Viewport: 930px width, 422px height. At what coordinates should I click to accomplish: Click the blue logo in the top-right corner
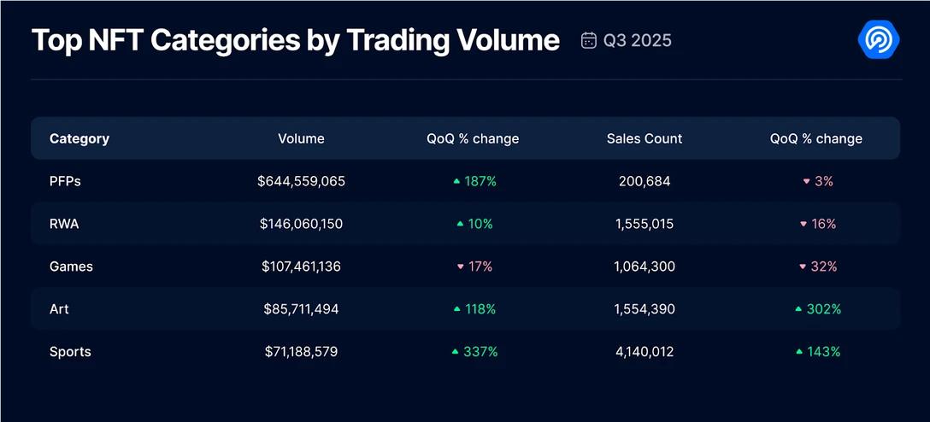point(880,39)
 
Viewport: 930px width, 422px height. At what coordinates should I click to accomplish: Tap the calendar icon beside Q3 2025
point(589,40)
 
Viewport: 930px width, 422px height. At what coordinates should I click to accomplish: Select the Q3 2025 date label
point(638,40)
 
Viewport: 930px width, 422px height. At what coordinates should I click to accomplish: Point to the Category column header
point(79,138)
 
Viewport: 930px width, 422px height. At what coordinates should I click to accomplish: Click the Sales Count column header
point(645,138)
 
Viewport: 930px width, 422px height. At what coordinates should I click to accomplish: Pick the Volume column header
point(301,138)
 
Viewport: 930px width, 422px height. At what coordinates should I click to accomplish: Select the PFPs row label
point(65,181)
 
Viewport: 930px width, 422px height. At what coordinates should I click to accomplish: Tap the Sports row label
point(70,352)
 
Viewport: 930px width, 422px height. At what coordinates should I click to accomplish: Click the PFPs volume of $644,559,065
point(301,181)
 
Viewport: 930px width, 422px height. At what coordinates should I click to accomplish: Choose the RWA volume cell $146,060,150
point(301,224)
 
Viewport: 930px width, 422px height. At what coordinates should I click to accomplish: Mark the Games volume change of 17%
point(480,267)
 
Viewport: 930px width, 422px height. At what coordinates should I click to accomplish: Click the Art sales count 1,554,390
point(645,309)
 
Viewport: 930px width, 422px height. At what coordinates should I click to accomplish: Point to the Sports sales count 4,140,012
point(645,352)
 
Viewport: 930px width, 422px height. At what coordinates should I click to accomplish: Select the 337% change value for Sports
point(480,352)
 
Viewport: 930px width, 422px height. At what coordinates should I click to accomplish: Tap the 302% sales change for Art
point(824,309)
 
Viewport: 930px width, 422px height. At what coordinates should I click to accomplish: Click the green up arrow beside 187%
point(457,181)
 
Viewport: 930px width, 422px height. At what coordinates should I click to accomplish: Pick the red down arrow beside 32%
point(803,267)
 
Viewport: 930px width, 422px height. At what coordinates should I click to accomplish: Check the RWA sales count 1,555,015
point(645,224)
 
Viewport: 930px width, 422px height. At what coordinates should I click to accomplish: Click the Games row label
point(71,267)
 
